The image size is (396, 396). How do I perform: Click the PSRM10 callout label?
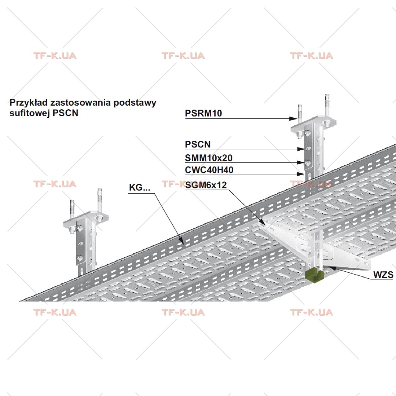click(x=203, y=113)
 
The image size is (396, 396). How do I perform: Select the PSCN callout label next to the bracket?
click(x=198, y=144)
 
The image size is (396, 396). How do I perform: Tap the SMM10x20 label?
click(x=209, y=158)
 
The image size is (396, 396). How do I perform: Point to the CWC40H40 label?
click(x=209, y=170)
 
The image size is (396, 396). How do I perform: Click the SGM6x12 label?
click(x=206, y=185)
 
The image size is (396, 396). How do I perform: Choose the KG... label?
click(x=140, y=187)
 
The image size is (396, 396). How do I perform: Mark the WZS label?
click(x=383, y=275)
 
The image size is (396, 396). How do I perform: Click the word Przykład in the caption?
click(x=29, y=103)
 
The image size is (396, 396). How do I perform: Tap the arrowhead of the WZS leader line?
click(x=332, y=268)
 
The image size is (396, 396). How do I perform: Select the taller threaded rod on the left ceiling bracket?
click(x=99, y=200)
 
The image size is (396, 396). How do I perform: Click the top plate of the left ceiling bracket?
click(x=86, y=219)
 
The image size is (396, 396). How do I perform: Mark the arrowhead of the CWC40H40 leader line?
click(x=301, y=174)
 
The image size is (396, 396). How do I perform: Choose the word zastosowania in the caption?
click(x=80, y=103)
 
